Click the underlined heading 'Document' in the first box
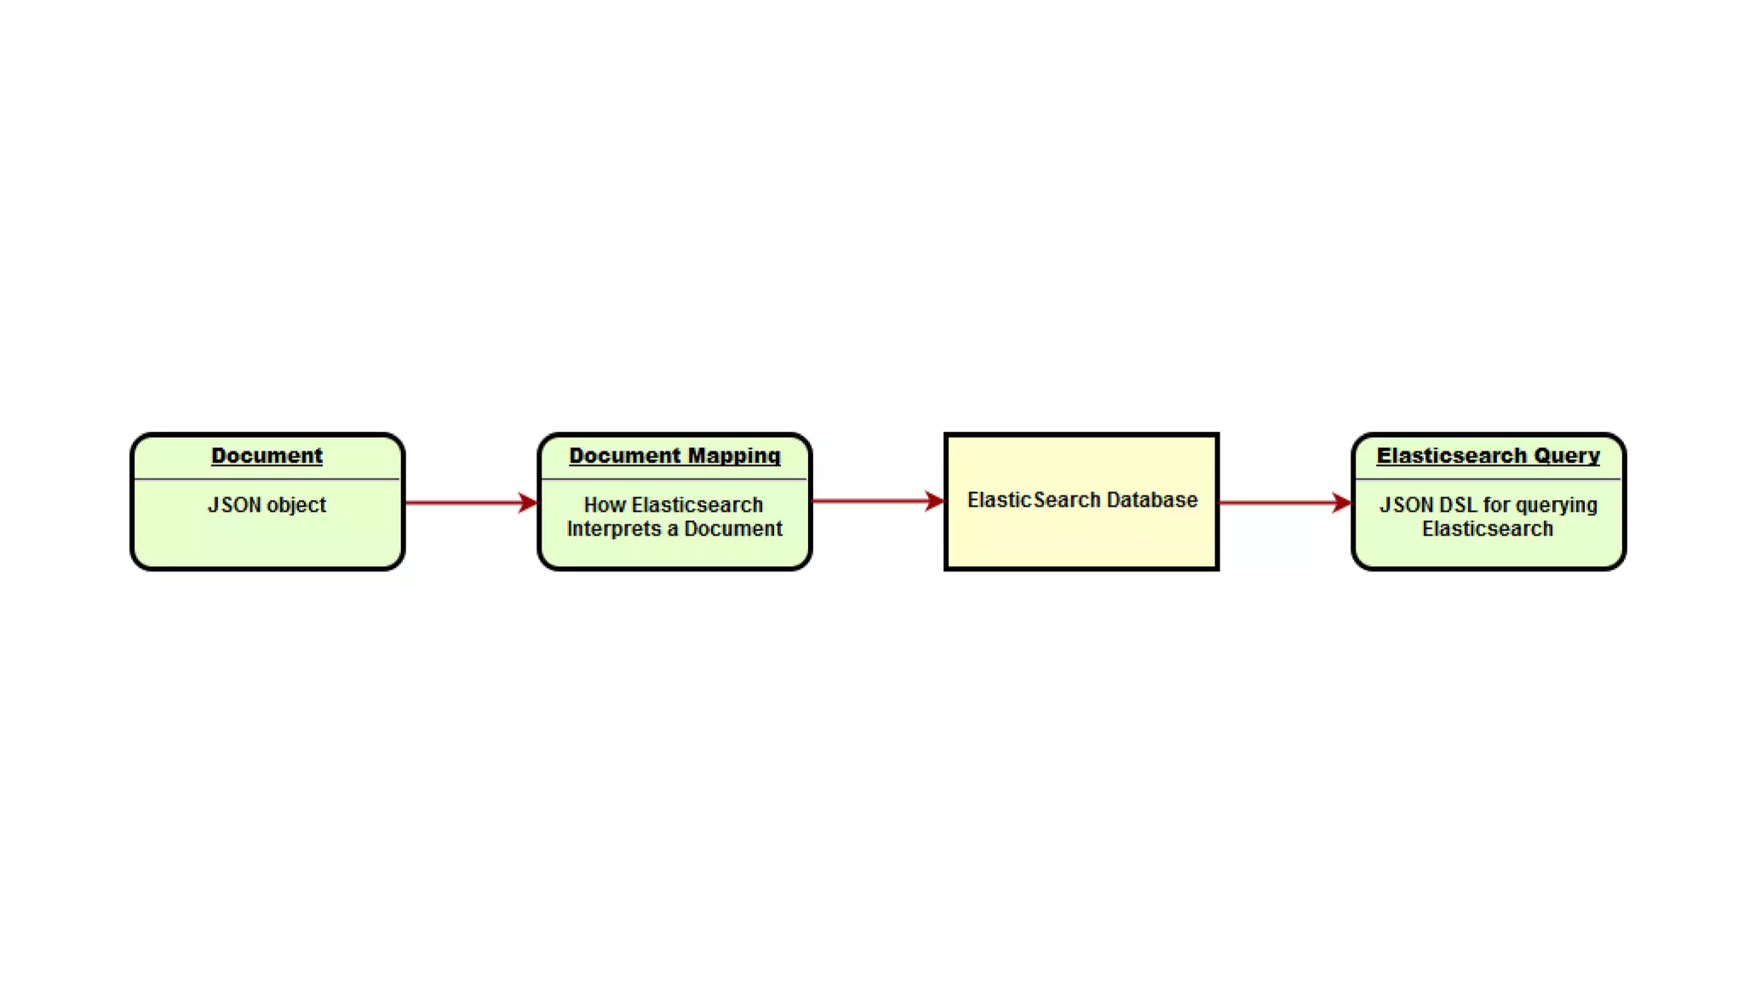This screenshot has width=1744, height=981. pos(267,456)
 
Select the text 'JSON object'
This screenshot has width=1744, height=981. pos(267,505)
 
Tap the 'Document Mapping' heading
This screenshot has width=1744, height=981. pos(674,456)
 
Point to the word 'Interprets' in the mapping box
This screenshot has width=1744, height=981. pos(613,529)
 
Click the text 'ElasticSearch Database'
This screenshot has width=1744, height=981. pos(1081,500)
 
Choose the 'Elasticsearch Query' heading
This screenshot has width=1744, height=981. pos(1488,456)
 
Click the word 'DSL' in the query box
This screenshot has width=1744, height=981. pos(1458,505)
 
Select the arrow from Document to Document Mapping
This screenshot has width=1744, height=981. pos(464,502)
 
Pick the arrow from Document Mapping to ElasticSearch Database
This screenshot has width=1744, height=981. pos(873,501)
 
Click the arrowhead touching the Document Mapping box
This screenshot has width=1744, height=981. pos(529,502)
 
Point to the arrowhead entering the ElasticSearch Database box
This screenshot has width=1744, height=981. pos(935,501)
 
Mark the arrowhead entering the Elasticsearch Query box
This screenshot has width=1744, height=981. pos(1342,502)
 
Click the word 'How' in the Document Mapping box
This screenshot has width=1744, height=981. pos(605,505)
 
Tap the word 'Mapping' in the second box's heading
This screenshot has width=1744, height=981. pos(734,456)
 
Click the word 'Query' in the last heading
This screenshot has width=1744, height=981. pos(1567,456)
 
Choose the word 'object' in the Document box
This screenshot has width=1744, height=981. pos(296,505)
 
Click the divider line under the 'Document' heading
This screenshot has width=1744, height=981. pos(267,479)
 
